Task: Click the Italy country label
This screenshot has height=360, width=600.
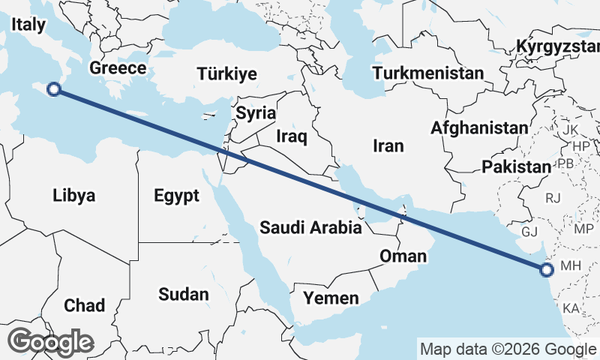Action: click(29, 25)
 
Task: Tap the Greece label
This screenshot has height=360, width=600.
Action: click(118, 68)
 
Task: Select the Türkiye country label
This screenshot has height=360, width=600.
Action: click(226, 73)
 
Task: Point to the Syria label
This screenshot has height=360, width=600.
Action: click(256, 113)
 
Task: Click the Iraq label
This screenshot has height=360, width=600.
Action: click(292, 136)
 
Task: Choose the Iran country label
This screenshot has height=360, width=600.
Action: click(388, 145)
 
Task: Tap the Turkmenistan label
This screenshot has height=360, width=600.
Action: click(428, 73)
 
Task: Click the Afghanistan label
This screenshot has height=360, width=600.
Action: click(478, 128)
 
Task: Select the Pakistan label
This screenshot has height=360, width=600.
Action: click(516, 166)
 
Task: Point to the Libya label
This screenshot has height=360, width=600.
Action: click(74, 196)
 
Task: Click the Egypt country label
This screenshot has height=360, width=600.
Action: click(176, 196)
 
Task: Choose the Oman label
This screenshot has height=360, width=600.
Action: click(403, 256)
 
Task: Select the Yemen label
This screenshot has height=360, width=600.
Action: click(331, 298)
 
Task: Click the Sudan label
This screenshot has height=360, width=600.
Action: click(183, 295)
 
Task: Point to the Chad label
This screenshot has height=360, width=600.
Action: click(84, 305)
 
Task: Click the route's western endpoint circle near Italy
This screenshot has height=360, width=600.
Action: click(53, 90)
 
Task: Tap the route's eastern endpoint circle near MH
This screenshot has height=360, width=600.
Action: click(546, 269)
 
